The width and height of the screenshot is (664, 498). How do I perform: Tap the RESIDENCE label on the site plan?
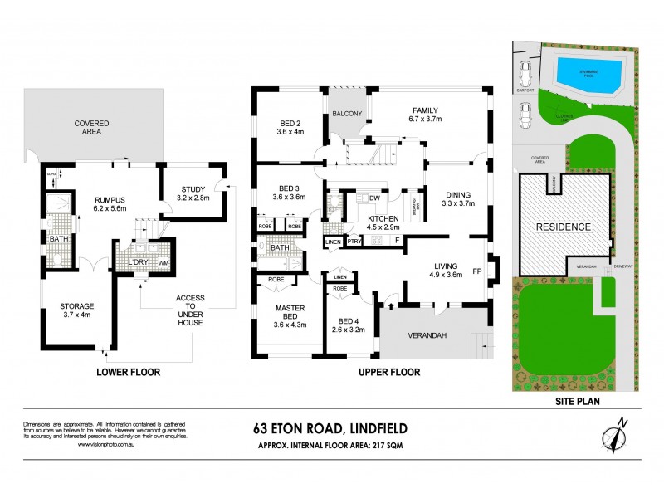point(563,226)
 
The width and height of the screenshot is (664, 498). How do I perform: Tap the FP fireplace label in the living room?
point(477,270)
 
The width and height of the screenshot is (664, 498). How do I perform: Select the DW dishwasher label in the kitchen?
point(374,198)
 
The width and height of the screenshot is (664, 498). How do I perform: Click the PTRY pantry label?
point(354,242)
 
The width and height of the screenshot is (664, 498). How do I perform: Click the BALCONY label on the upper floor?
point(347,114)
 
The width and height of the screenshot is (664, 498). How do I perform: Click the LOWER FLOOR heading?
point(127,373)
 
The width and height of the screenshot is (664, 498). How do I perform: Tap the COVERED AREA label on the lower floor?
point(92,129)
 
